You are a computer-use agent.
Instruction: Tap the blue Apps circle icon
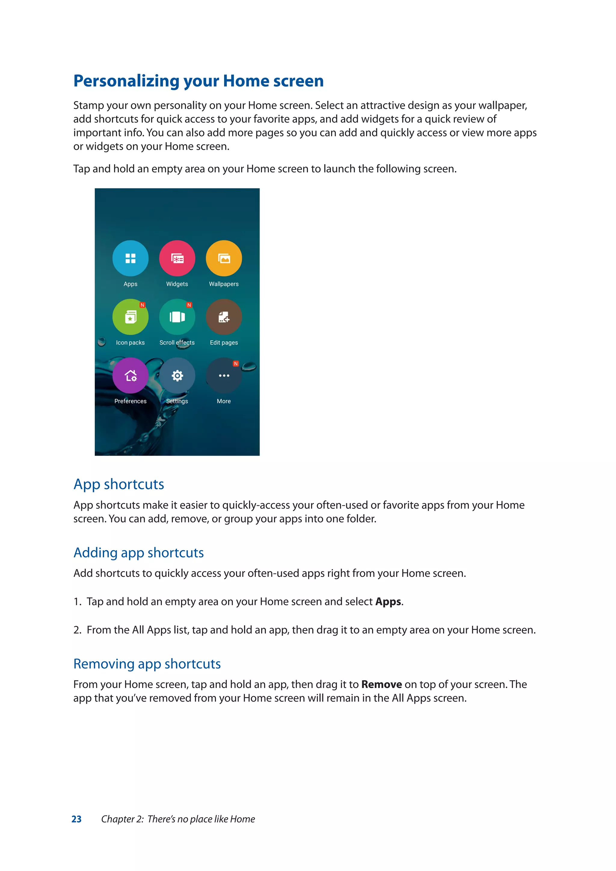[130, 258]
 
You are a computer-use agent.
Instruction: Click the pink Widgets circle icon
[177, 258]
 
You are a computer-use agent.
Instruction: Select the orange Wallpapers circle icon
[224, 258]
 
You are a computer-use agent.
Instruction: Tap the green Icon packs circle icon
[130, 317]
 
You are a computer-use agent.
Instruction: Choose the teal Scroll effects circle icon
[177, 317]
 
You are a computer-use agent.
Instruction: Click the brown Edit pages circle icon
[224, 317]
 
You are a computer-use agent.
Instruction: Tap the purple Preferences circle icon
[130, 376]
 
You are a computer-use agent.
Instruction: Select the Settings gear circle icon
[177, 376]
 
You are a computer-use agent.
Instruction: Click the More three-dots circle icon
[224, 376]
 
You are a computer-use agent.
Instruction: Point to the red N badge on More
[236, 363]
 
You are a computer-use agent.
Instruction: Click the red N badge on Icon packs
[142, 305]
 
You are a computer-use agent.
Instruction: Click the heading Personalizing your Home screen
[199, 81]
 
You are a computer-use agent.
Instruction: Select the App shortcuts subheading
[119, 485]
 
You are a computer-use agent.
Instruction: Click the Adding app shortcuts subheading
[138, 553]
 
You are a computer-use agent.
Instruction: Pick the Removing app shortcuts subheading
[147, 664]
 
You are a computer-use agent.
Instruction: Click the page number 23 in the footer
[77, 819]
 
